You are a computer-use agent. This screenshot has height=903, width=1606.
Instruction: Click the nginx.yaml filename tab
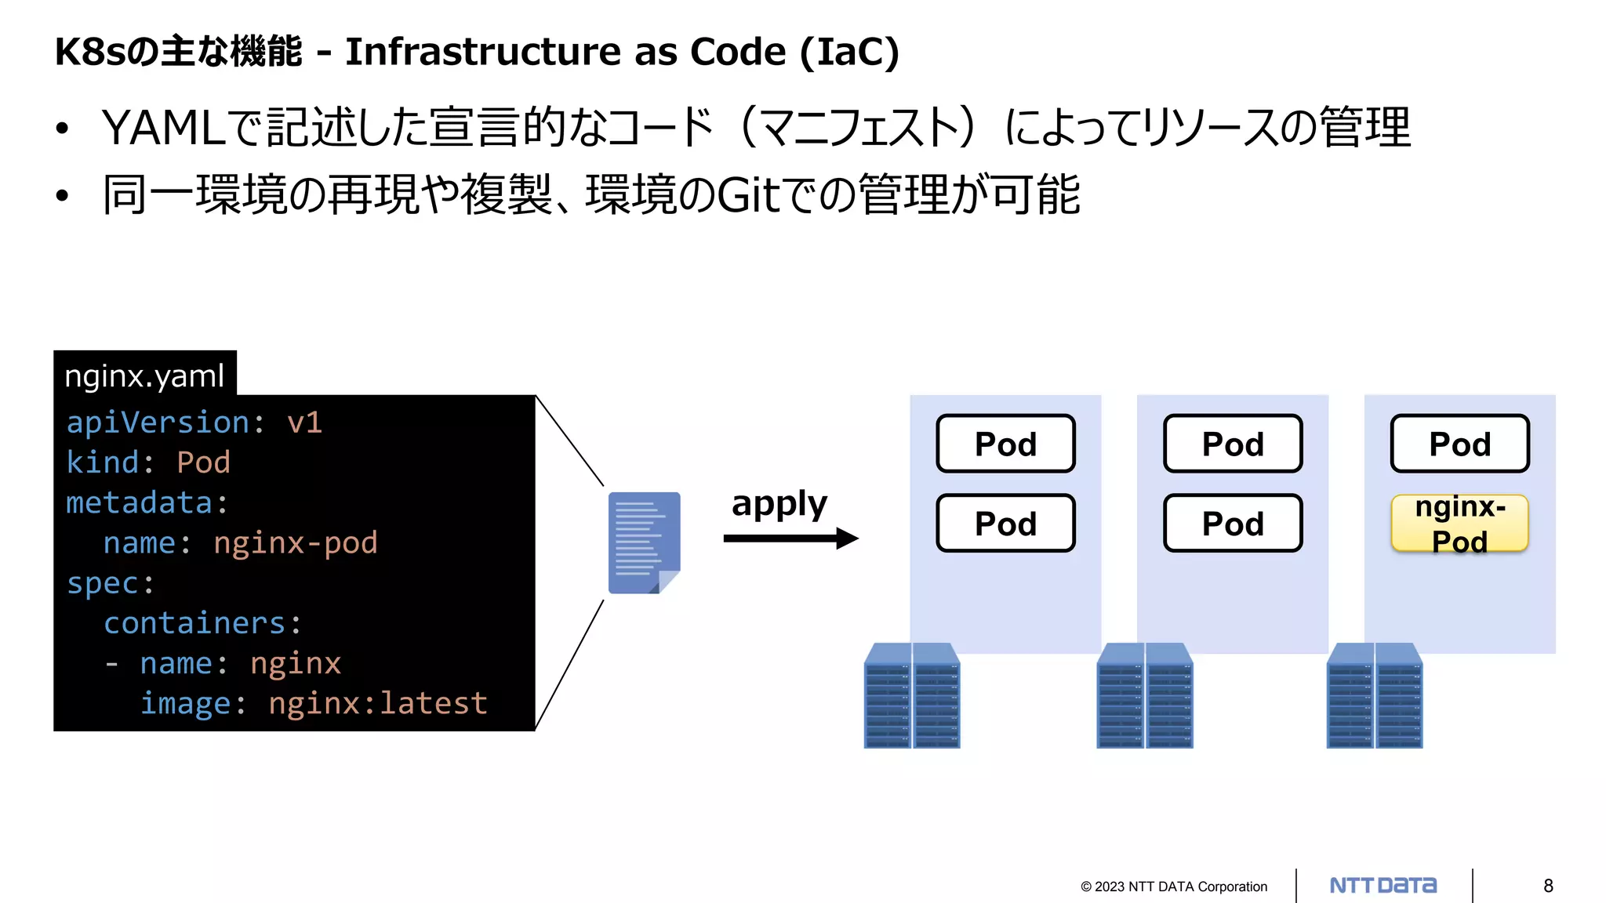(x=145, y=375)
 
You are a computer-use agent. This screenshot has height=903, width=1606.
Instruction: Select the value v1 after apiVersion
(x=304, y=423)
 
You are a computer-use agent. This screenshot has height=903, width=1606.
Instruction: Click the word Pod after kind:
(x=203, y=463)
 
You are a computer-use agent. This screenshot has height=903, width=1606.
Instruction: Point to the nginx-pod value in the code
(x=295, y=543)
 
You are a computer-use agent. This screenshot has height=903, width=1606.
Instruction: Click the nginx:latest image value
(x=377, y=704)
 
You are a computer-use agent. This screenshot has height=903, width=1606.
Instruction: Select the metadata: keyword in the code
(x=147, y=503)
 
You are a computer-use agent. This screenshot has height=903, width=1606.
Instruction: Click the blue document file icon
(x=644, y=542)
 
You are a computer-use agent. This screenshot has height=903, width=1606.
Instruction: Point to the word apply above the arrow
(x=779, y=504)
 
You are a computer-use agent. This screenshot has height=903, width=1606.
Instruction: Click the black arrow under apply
(x=790, y=539)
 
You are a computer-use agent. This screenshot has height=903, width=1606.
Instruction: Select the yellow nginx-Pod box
(x=1459, y=524)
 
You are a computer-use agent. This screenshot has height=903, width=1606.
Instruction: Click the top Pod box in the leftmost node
(x=1005, y=444)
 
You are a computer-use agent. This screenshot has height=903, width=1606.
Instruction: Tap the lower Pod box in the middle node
(x=1233, y=524)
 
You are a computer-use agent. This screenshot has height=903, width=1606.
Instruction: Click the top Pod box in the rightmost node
(x=1459, y=444)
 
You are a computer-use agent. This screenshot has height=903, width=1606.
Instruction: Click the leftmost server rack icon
(x=912, y=696)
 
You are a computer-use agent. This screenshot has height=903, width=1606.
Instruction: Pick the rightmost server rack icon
(x=1375, y=696)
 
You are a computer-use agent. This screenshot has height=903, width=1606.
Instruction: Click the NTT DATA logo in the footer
(x=1383, y=886)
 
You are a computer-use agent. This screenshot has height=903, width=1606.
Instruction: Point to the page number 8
(x=1548, y=886)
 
